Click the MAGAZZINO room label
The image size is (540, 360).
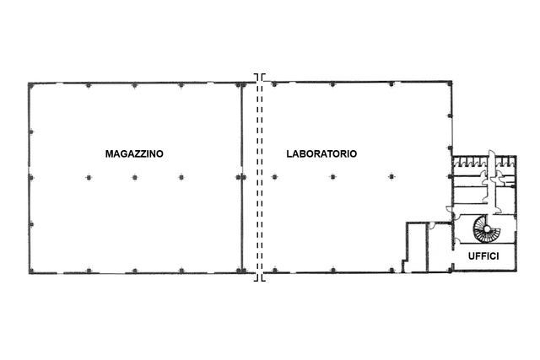(134, 153)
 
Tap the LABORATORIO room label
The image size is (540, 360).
(321, 153)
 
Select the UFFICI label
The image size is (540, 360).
(483, 256)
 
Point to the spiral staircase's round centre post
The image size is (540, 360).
(487, 228)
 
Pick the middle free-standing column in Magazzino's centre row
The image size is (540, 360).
(135, 178)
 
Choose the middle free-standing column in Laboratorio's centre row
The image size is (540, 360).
(332, 177)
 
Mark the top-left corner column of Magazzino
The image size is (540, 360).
(31, 85)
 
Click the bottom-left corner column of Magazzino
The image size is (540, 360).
(31, 271)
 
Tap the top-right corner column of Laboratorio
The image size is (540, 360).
(450, 83)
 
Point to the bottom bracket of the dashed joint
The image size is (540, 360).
(260, 278)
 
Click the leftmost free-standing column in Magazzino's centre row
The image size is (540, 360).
(89, 178)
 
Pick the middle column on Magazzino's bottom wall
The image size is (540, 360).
(135, 271)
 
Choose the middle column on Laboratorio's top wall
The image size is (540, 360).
(332, 84)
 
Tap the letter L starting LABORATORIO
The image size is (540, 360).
(289, 153)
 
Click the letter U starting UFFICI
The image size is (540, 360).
(472, 256)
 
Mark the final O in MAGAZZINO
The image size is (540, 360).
(159, 153)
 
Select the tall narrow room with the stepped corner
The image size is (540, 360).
(415, 247)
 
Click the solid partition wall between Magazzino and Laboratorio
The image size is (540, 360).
(242, 178)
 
